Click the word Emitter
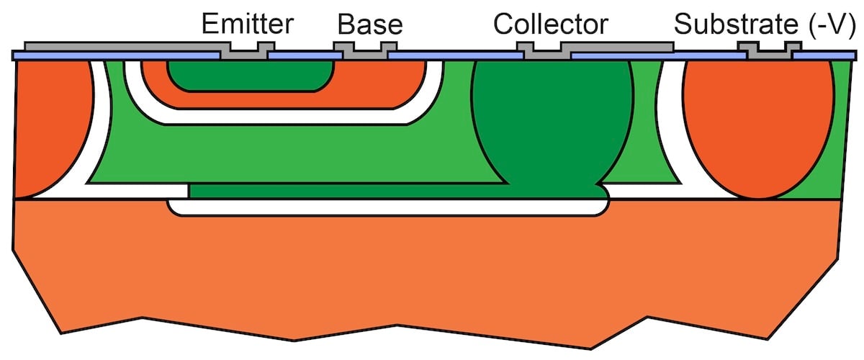[x=247, y=24]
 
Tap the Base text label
[x=370, y=24]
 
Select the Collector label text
[x=550, y=24]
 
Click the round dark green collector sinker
[x=553, y=122]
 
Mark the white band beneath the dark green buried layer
[x=389, y=207]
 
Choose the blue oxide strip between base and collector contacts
[x=454, y=55]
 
